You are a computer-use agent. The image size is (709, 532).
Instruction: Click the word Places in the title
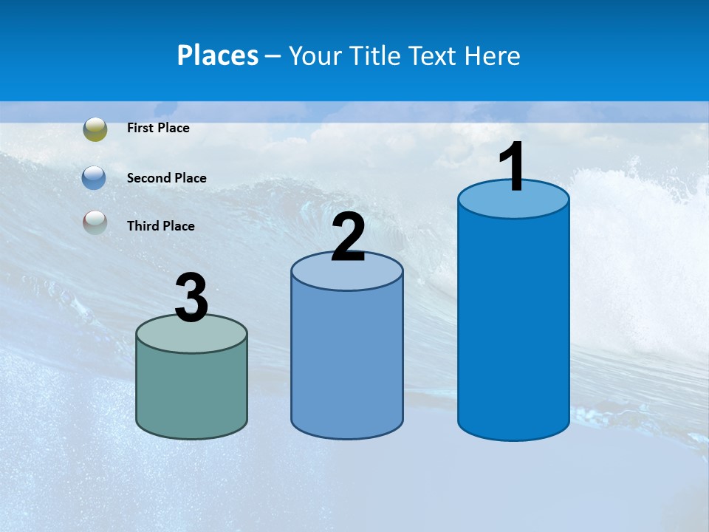pos(217,55)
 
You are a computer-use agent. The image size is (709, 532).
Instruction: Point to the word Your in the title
pos(315,56)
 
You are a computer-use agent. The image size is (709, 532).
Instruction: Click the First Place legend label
pos(158,128)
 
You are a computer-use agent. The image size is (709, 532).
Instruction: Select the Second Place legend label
pos(166,178)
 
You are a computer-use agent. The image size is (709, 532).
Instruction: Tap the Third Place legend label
pos(160,226)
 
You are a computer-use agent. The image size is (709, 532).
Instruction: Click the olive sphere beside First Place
pos(95,129)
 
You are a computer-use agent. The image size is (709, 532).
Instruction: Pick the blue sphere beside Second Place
pos(94,178)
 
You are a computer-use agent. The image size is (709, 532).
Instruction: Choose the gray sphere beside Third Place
pos(95,222)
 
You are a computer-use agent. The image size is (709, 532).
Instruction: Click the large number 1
pos(512,167)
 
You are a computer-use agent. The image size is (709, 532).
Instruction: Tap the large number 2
pos(348,237)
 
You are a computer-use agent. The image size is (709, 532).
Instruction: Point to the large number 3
pos(191,298)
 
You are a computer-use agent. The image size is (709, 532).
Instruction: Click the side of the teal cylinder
pos(191,392)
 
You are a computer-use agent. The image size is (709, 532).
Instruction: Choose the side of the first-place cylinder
pos(513,325)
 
